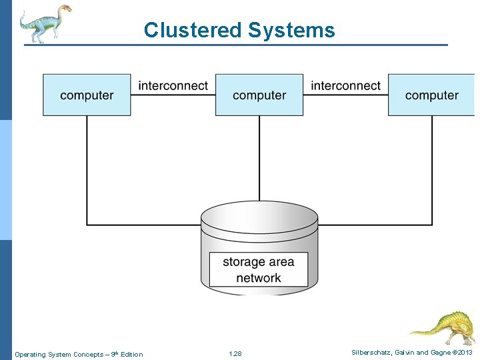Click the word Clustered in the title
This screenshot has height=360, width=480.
click(193, 30)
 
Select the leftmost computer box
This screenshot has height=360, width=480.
click(87, 95)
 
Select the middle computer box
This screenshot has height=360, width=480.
click(259, 95)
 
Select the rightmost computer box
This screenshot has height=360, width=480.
click(431, 95)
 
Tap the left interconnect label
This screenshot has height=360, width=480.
click(173, 86)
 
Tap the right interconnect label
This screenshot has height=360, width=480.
click(345, 86)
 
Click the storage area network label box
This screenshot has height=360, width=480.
click(259, 270)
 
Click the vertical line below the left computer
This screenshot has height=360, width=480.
click(87, 167)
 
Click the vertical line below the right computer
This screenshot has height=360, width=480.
click(432, 167)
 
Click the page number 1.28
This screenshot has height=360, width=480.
click(235, 353)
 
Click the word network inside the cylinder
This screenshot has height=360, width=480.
click(259, 278)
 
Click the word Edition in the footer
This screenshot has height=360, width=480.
click(131, 354)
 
